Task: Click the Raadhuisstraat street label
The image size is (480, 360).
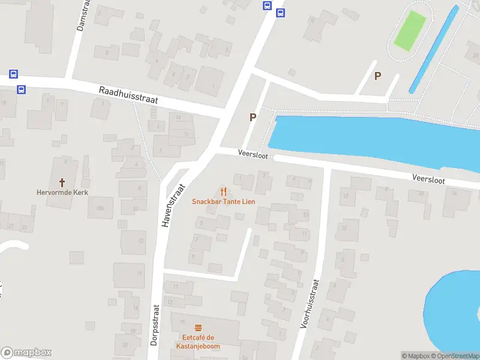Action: point(128,95)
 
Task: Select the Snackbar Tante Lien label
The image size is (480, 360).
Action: point(223,202)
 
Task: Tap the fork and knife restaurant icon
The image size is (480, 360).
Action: point(223,191)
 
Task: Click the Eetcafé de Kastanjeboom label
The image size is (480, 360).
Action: point(198,342)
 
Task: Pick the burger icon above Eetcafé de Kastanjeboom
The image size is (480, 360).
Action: point(198,327)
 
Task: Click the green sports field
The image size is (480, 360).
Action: point(410,30)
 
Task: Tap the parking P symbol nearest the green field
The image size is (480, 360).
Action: point(377,76)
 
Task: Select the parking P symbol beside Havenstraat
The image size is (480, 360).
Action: point(253,118)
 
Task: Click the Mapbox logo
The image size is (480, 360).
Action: point(26,353)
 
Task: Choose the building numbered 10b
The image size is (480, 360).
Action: point(100,208)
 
